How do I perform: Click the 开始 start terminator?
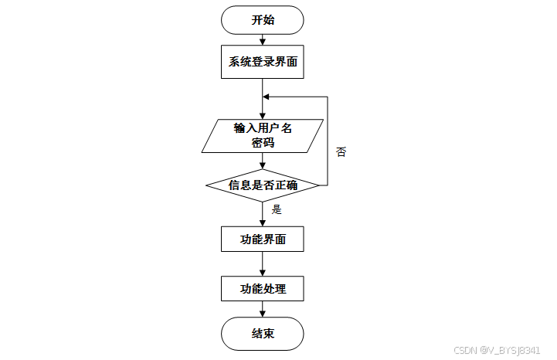pyautogui.click(x=263, y=20)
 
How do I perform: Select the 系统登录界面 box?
pyautogui.click(x=263, y=61)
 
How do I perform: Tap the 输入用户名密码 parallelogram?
pyautogui.click(x=263, y=134)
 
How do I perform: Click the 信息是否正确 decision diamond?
pyautogui.click(x=263, y=185)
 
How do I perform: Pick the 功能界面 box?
pyautogui.click(x=263, y=239)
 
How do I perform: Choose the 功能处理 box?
pyautogui.click(x=263, y=289)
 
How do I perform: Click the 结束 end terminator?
pyautogui.click(x=263, y=334)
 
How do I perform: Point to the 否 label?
pyautogui.click(x=341, y=152)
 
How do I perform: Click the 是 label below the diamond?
pyautogui.click(x=277, y=209)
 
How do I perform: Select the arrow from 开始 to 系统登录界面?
pyautogui.click(x=263, y=39)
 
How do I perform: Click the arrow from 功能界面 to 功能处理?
pyautogui.click(x=263, y=264)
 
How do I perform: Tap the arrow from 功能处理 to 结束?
pyautogui.click(x=263, y=309)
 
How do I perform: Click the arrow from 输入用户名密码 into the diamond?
pyautogui.click(x=263, y=161)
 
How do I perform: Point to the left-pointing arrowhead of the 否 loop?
pyautogui.click(x=267, y=97)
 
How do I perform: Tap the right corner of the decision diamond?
pyautogui.click(x=318, y=185)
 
